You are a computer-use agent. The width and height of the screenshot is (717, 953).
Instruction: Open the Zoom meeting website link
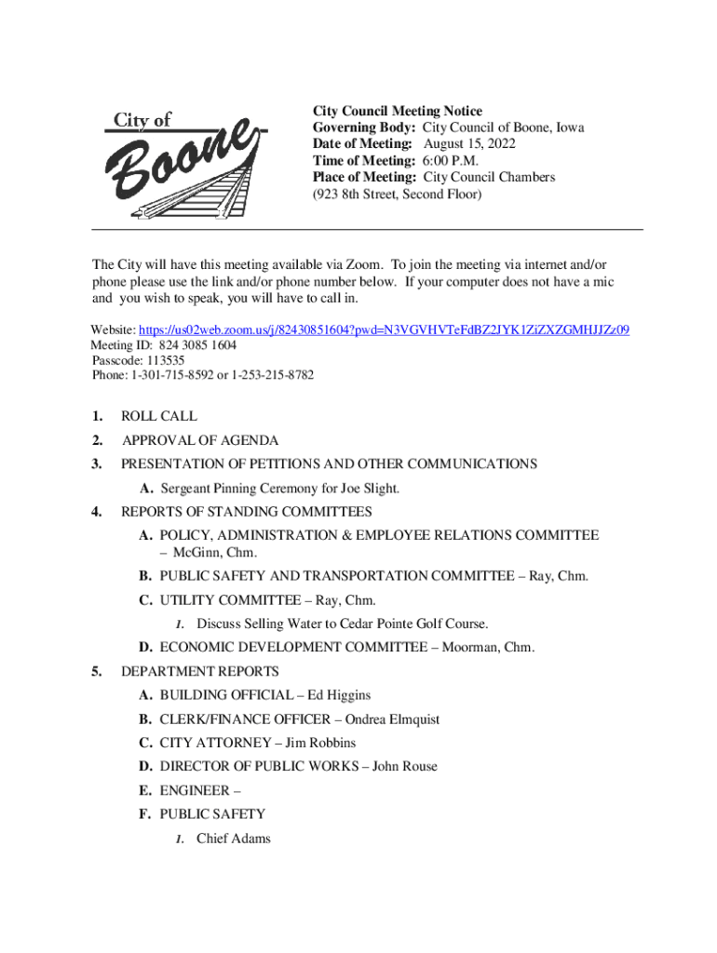tap(384, 330)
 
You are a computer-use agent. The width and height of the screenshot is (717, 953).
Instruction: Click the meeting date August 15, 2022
tap(469, 144)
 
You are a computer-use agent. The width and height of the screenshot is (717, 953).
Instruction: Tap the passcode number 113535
tap(164, 360)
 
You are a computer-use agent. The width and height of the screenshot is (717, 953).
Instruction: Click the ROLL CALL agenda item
tap(159, 417)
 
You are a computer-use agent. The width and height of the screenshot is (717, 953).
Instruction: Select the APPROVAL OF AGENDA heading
tap(200, 440)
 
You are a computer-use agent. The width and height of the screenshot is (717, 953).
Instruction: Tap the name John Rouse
tap(405, 767)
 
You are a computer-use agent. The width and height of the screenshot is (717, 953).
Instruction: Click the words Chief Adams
tap(234, 839)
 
